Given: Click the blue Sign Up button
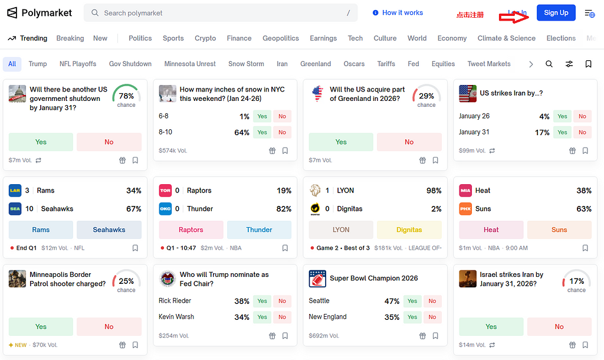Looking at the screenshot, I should (556, 13).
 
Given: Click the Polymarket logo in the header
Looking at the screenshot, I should (40, 13).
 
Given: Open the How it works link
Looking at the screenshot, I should (398, 13).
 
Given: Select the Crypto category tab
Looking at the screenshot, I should (205, 38).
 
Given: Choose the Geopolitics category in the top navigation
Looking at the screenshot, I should (281, 38).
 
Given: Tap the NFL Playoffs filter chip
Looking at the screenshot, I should (78, 64).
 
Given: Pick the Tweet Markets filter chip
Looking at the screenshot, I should (489, 64).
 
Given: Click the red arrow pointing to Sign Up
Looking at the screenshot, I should (514, 17).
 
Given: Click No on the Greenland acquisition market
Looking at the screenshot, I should (409, 142).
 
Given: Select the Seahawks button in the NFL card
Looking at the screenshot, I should (109, 230).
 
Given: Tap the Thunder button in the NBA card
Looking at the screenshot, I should (259, 230).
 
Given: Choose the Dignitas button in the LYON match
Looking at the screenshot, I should (409, 230).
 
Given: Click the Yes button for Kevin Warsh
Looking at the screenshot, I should (262, 317).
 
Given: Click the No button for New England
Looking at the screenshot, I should (432, 317).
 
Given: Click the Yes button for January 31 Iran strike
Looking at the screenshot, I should (562, 132).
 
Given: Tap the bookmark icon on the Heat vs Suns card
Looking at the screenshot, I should (585, 248).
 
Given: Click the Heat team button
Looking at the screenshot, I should (491, 230).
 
